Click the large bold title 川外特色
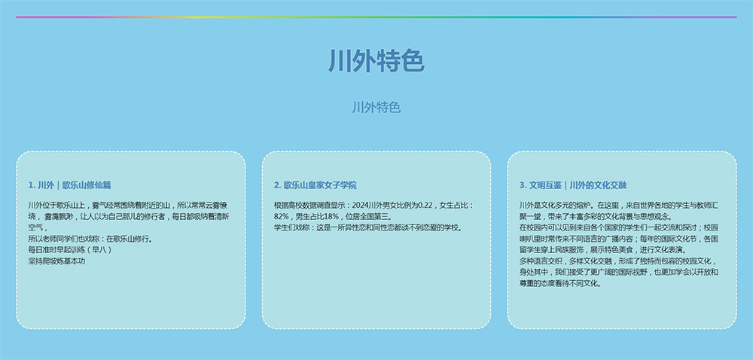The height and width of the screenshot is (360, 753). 376,61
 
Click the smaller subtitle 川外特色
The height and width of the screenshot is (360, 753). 376,107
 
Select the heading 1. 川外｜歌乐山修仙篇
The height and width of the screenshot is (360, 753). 69,185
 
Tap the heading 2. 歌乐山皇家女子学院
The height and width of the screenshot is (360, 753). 315,185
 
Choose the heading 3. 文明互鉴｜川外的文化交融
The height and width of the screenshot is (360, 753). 573,185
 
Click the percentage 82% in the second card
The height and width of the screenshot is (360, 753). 281,216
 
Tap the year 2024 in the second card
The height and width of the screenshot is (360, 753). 361,206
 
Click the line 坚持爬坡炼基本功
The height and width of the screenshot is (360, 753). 56,261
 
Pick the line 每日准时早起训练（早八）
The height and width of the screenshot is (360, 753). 70,250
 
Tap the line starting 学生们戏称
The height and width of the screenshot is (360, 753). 368,227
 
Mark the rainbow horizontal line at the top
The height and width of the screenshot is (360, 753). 376,17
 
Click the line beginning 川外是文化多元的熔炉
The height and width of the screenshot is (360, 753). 618,206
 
